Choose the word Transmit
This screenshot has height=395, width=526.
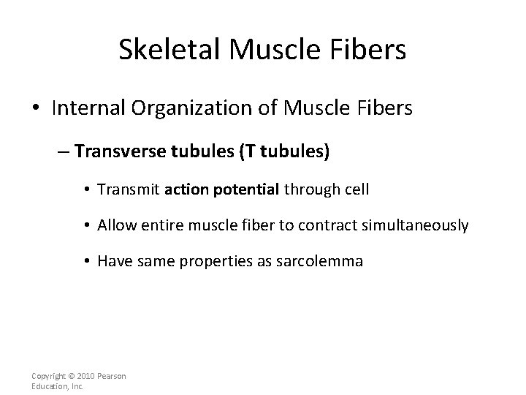click(x=129, y=189)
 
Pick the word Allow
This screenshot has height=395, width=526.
click(x=115, y=225)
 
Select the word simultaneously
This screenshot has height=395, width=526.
click(x=414, y=225)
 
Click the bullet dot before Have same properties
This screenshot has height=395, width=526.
click(x=88, y=261)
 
